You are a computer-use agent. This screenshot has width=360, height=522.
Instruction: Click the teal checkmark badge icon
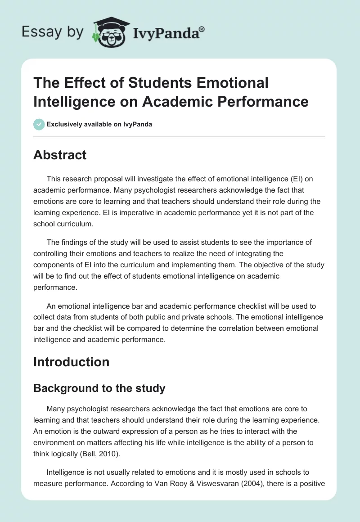coord(39,124)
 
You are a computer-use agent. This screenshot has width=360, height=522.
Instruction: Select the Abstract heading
coord(60,155)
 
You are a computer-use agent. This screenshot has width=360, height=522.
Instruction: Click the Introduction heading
coord(71,362)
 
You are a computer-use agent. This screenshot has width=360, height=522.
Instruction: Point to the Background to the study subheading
coord(99,388)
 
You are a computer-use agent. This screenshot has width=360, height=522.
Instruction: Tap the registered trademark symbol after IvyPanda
coord(202,29)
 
